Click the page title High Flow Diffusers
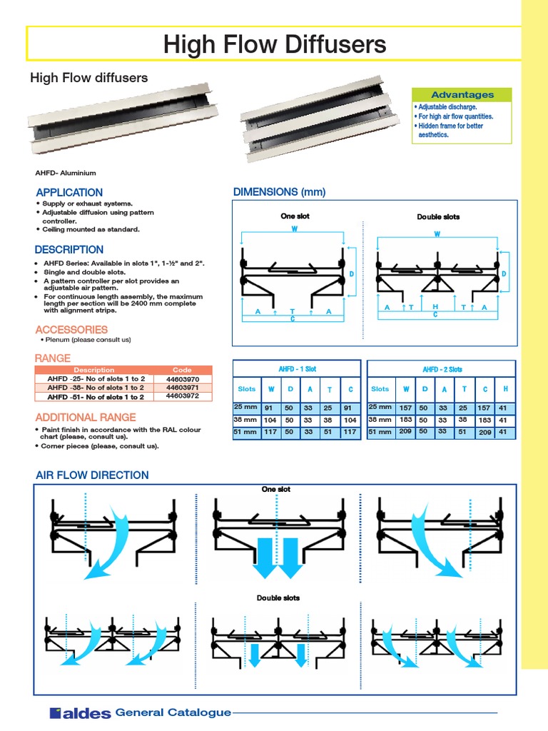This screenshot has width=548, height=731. tap(274, 45)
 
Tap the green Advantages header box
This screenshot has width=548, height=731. tap(462, 95)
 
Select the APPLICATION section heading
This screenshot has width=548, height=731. tap(69, 193)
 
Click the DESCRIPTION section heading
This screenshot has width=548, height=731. tap(69, 250)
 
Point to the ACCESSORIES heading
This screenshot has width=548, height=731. tap(71, 330)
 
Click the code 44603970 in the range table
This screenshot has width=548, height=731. tap(183, 378)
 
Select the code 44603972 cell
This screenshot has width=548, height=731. tap(183, 395)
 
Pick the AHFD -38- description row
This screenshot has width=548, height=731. tap(95, 388)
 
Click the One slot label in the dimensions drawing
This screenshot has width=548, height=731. tap(295, 216)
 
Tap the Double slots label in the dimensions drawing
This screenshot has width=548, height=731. tap(438, 216)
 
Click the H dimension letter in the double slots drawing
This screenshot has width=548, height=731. tap(434, 306)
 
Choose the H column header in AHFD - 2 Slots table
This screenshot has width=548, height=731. tap(505, 389)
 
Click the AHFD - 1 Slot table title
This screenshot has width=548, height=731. tap(297, 369)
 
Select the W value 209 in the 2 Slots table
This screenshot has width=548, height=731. tap(405, 432)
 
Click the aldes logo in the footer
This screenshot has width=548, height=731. tap(80, 712)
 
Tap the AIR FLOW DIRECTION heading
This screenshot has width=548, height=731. tap(92, 475)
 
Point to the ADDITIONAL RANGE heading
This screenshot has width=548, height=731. tap(76, 417)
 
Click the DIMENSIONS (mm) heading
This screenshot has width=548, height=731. tap(279, 192)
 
